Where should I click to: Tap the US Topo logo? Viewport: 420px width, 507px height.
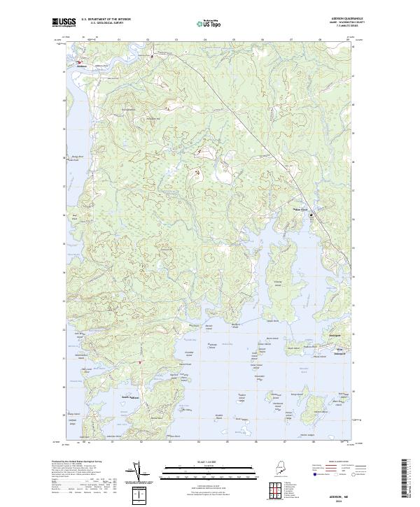(209, 24)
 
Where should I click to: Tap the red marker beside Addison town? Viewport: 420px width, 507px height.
(78, 62)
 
